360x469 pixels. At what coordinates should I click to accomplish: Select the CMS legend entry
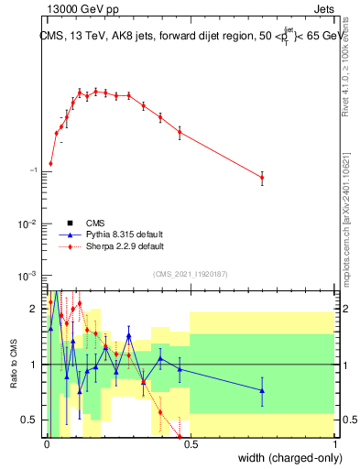(x=95, y=223)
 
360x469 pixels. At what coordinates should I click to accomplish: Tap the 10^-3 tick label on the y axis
(x=28, y=276)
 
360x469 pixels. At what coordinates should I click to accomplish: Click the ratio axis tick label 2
(x=33, y=309)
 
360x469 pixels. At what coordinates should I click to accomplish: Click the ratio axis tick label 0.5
(x=29, y=420)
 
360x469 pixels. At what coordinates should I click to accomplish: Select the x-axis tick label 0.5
(x=191, y=446)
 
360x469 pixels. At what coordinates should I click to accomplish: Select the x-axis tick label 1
(x=334, y=446)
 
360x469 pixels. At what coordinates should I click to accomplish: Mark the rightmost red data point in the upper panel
(x=262, y=178)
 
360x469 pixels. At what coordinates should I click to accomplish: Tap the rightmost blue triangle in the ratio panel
(x=262, y=391)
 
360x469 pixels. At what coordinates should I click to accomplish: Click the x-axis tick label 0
(x=48, y=446)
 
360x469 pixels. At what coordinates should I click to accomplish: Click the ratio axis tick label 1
(x=33, y=365)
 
